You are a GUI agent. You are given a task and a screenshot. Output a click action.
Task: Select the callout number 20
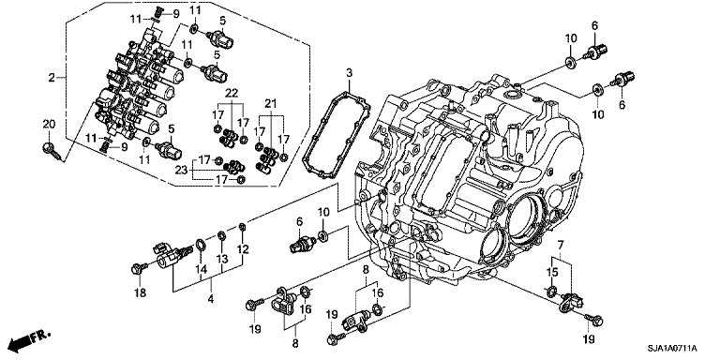click(x=49, y=124)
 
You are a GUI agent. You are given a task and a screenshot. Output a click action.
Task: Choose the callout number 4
click(x=210, y=299)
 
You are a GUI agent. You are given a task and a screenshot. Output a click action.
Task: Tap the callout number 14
click(x=199, y=269)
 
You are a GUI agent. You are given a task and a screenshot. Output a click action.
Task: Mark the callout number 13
click(x=221, y=259)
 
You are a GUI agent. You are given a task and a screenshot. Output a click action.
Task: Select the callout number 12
click(x=243, y=249)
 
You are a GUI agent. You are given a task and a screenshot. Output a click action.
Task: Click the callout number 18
click(x=140, y=293)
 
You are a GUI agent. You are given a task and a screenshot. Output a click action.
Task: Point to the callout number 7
click(x=560, y=246)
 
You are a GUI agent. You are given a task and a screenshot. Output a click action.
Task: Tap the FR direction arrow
click(x=28, y=338)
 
